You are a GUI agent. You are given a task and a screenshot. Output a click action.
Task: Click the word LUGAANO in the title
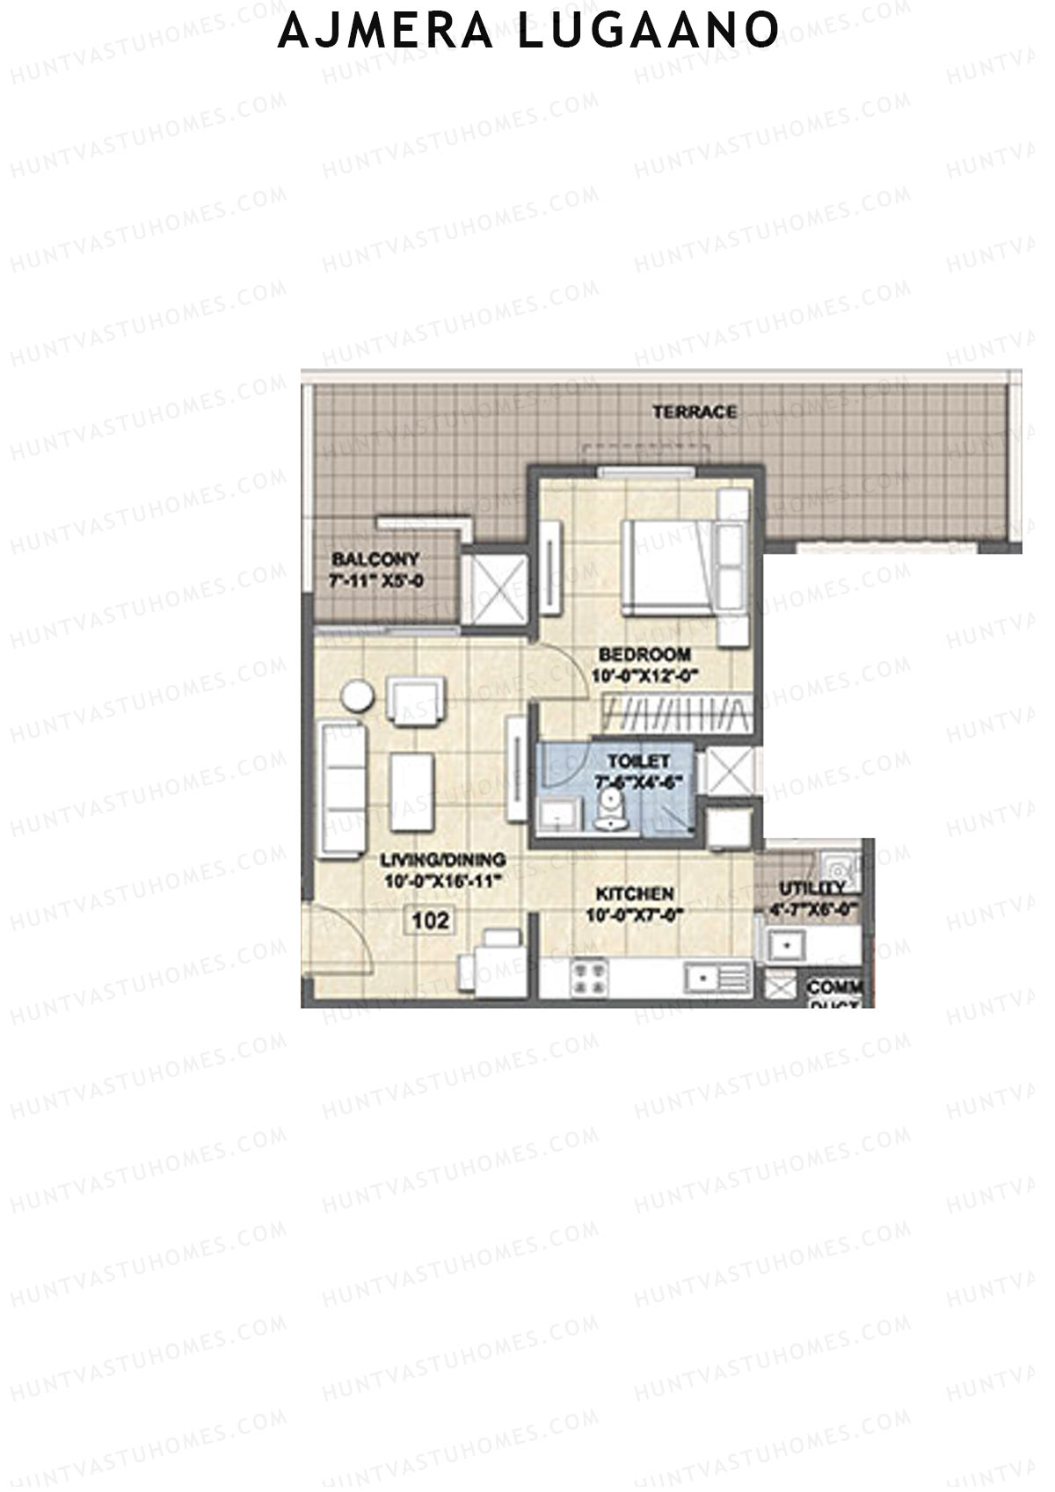pyautogui.click(x=647, y=31)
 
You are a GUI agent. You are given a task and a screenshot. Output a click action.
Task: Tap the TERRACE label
pyautogui.click(x=695, y=411)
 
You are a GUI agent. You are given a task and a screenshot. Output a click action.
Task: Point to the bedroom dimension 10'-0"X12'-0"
pyautogui.click(x=644, y=675)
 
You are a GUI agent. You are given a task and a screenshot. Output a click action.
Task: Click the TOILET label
pyautogui.click(x=638, y=761)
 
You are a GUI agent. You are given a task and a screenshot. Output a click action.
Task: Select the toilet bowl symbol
pyautogui.click(x=608, y=808)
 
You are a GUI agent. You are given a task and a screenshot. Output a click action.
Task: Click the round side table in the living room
pyautogui.click(x=357, y=696)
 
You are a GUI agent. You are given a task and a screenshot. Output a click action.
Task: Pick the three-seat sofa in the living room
pyautogui.click(x=343, y=788)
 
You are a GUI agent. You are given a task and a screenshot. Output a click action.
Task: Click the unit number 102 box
pyautogui.click(x=431, y=921)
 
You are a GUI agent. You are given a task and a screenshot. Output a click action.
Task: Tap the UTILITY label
pyautogui.click(x=811, y=889)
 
